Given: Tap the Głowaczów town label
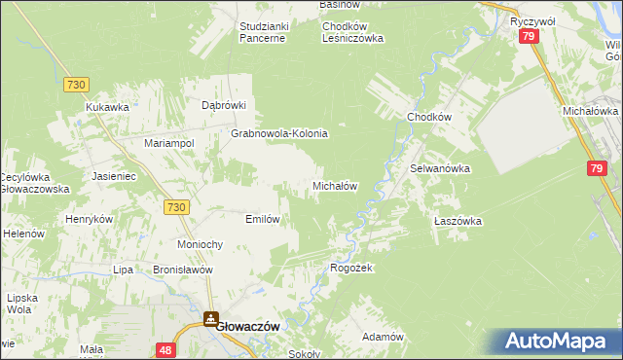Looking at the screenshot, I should [x=248, y=328].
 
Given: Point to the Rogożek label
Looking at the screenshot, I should [x=351, y=268].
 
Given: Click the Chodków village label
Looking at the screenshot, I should [x=429, y=117].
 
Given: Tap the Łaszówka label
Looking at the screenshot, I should [x=458, y=221].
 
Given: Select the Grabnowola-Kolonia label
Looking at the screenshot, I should [x=278, y=133].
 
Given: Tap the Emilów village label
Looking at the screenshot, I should [x=263, y=219].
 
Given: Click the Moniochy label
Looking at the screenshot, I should [x=202, y=243].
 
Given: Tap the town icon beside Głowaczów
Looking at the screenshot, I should [x=211, y=318].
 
